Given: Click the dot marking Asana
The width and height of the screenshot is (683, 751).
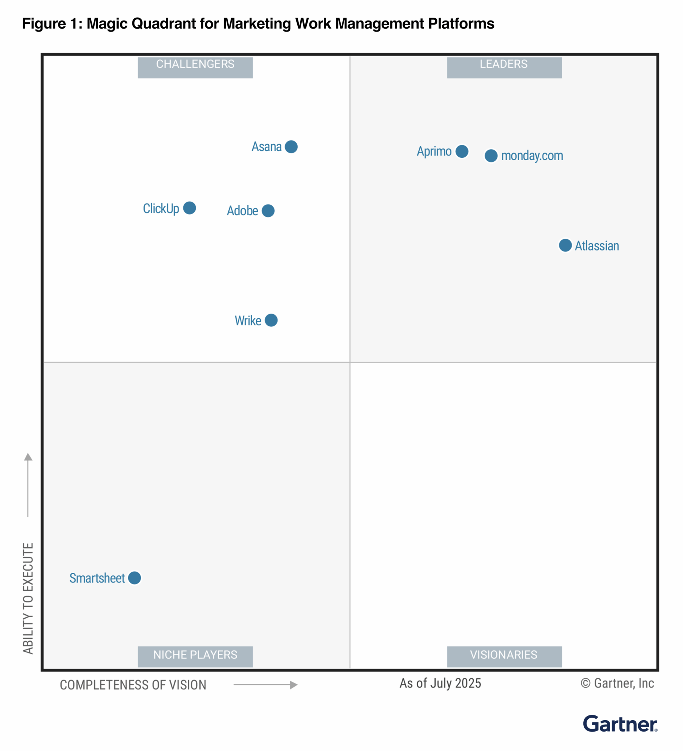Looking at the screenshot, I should [291, 147].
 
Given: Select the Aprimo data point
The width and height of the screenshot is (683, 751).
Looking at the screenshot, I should [462, 151].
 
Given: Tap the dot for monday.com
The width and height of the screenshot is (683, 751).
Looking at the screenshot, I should [491, 156].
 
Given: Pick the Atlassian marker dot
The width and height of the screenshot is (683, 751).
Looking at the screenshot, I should [565, 245].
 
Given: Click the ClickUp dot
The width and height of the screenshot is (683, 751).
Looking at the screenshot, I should [190, 208].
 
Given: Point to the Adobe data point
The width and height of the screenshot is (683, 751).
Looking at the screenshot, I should [268, 211].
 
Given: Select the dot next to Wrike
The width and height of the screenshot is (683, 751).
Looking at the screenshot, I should [271, 320].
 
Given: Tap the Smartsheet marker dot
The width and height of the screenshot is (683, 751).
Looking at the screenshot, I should [135, 578].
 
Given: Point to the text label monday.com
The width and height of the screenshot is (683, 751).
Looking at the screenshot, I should [532, 156].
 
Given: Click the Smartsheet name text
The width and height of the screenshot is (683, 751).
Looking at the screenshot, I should [97, 578].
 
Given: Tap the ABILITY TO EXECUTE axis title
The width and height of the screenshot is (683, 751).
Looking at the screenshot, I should [28, 598].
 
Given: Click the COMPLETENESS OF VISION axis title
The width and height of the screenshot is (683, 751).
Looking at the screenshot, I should [133, 685].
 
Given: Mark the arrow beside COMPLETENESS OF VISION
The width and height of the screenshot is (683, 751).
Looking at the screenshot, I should [265, 685].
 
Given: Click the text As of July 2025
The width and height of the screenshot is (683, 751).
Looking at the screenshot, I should [440, 683].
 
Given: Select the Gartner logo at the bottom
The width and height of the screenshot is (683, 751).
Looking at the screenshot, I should [620, 724].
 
